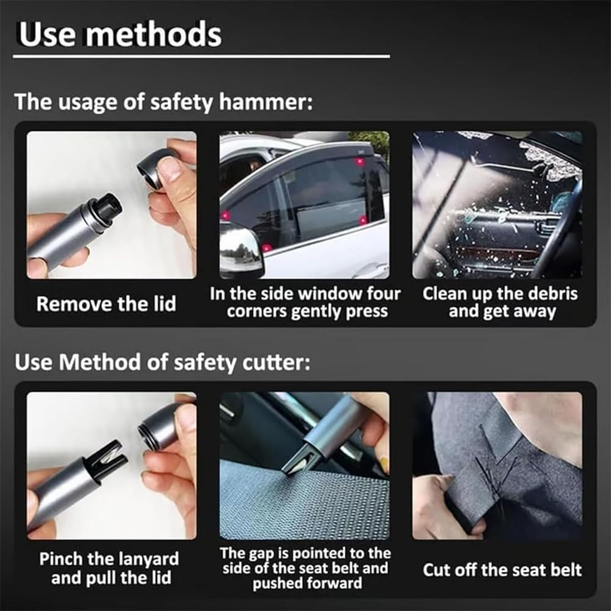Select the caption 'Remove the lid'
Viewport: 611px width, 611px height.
coord(106,304)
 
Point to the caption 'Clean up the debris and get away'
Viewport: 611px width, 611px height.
coord(500,302)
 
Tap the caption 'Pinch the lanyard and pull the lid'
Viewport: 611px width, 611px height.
coord(109,568)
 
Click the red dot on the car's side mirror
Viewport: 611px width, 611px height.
coord(267,248)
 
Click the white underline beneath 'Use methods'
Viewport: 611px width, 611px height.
coord(201,57)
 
